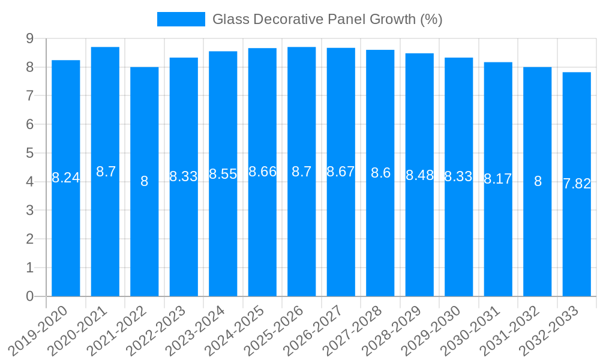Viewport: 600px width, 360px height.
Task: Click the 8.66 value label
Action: pyautogui.click(x=262, y=172)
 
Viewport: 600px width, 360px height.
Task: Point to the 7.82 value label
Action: pyautogui.click(x=577, y=184)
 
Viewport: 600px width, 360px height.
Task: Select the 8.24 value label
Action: pyautogui.click(x=66, y=178)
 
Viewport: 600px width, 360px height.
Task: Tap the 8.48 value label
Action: pyautogui.click(x=419, y=175)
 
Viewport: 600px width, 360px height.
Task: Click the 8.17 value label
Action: pyautogui.click(x=498, y=179)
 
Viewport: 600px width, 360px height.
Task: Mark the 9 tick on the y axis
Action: pyautogui.click(x=29, y=39)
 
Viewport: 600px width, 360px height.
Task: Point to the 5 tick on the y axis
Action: pyautogui.click(x=29, y=153)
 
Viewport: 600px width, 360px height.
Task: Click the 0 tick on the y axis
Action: pyautogui.click(x=29, y=296)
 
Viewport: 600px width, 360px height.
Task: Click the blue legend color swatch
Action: pyautogui.click(x=181, y=19)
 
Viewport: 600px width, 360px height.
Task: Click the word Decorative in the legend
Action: pyautogui.click(x=290, y=19)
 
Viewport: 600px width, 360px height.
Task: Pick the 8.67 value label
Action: pyautogui.click(x=341, y=172)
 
